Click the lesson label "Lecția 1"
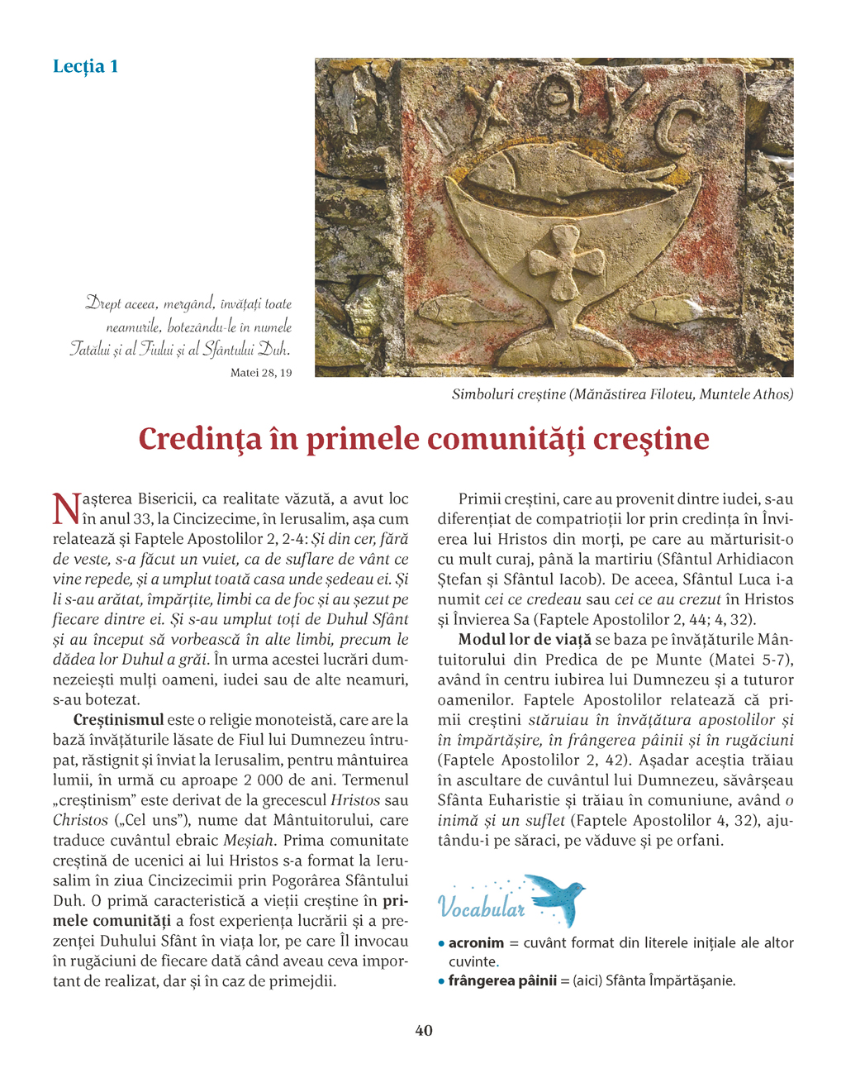click(x=85, y=66)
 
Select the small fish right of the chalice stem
click(x=669, y=310)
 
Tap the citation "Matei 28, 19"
click(x=261, y=373)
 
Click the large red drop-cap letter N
click(x=65, y=508)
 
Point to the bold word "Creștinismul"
click(x=119, y=720)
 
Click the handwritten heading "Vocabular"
click(x=482, y=908)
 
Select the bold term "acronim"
click(x=476, y=942)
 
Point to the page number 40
click(x=423, y=1030)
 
